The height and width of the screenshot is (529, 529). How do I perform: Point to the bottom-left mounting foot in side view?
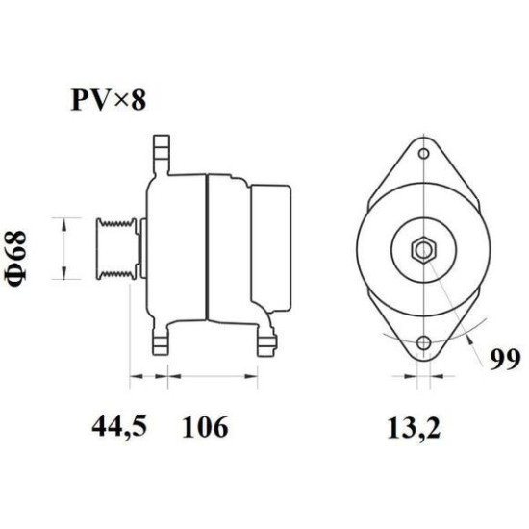(x=162, y=341)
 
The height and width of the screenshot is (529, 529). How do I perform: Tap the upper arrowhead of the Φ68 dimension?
(x=64, y=223)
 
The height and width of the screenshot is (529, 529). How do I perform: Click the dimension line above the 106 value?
(x=214, y=376)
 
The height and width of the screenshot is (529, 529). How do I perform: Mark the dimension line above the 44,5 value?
(x=147, y=376)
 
